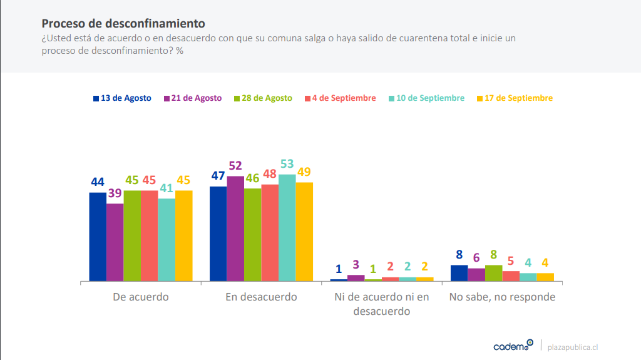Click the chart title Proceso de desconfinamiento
pyautogui.click(x=123, y=24)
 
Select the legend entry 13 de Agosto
pyautogui.click(x=122, y=98)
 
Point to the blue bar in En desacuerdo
pyautogui.click(x=218, y=233)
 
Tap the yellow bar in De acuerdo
pyautogui.click(x=183, y=235)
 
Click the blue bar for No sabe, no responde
pyautogui.click(x=459, y=273)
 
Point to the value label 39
pyautogui.click(x=115, y=193)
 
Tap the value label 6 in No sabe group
pyautogui.click(x=476, y=258)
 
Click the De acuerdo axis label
pyautogui.click(x=140, y=297)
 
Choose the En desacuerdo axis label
pyautogui.click(x=261, y=297)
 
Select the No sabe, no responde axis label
pyautogui.click(x=502, y=297)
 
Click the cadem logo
pyautogui.click(x=513, y=346)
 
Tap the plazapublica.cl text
pyautogui.click(x=573, y=347)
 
